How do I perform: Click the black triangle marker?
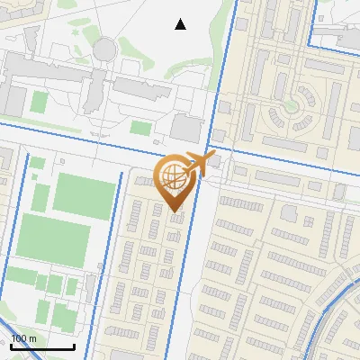click(x=180, y=24)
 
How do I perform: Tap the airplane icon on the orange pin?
click(x=199, y=164)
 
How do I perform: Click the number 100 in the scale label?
click(x=20, y=337)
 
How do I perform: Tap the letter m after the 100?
click(x=32, y=338)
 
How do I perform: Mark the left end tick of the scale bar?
click(x=10, y=346)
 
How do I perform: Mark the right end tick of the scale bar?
click(x=73, y=346)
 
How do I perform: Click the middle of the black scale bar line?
click(x=41, y=347)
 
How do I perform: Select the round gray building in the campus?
click(x=105, y=49)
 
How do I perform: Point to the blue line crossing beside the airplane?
click(x=208, y=148)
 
